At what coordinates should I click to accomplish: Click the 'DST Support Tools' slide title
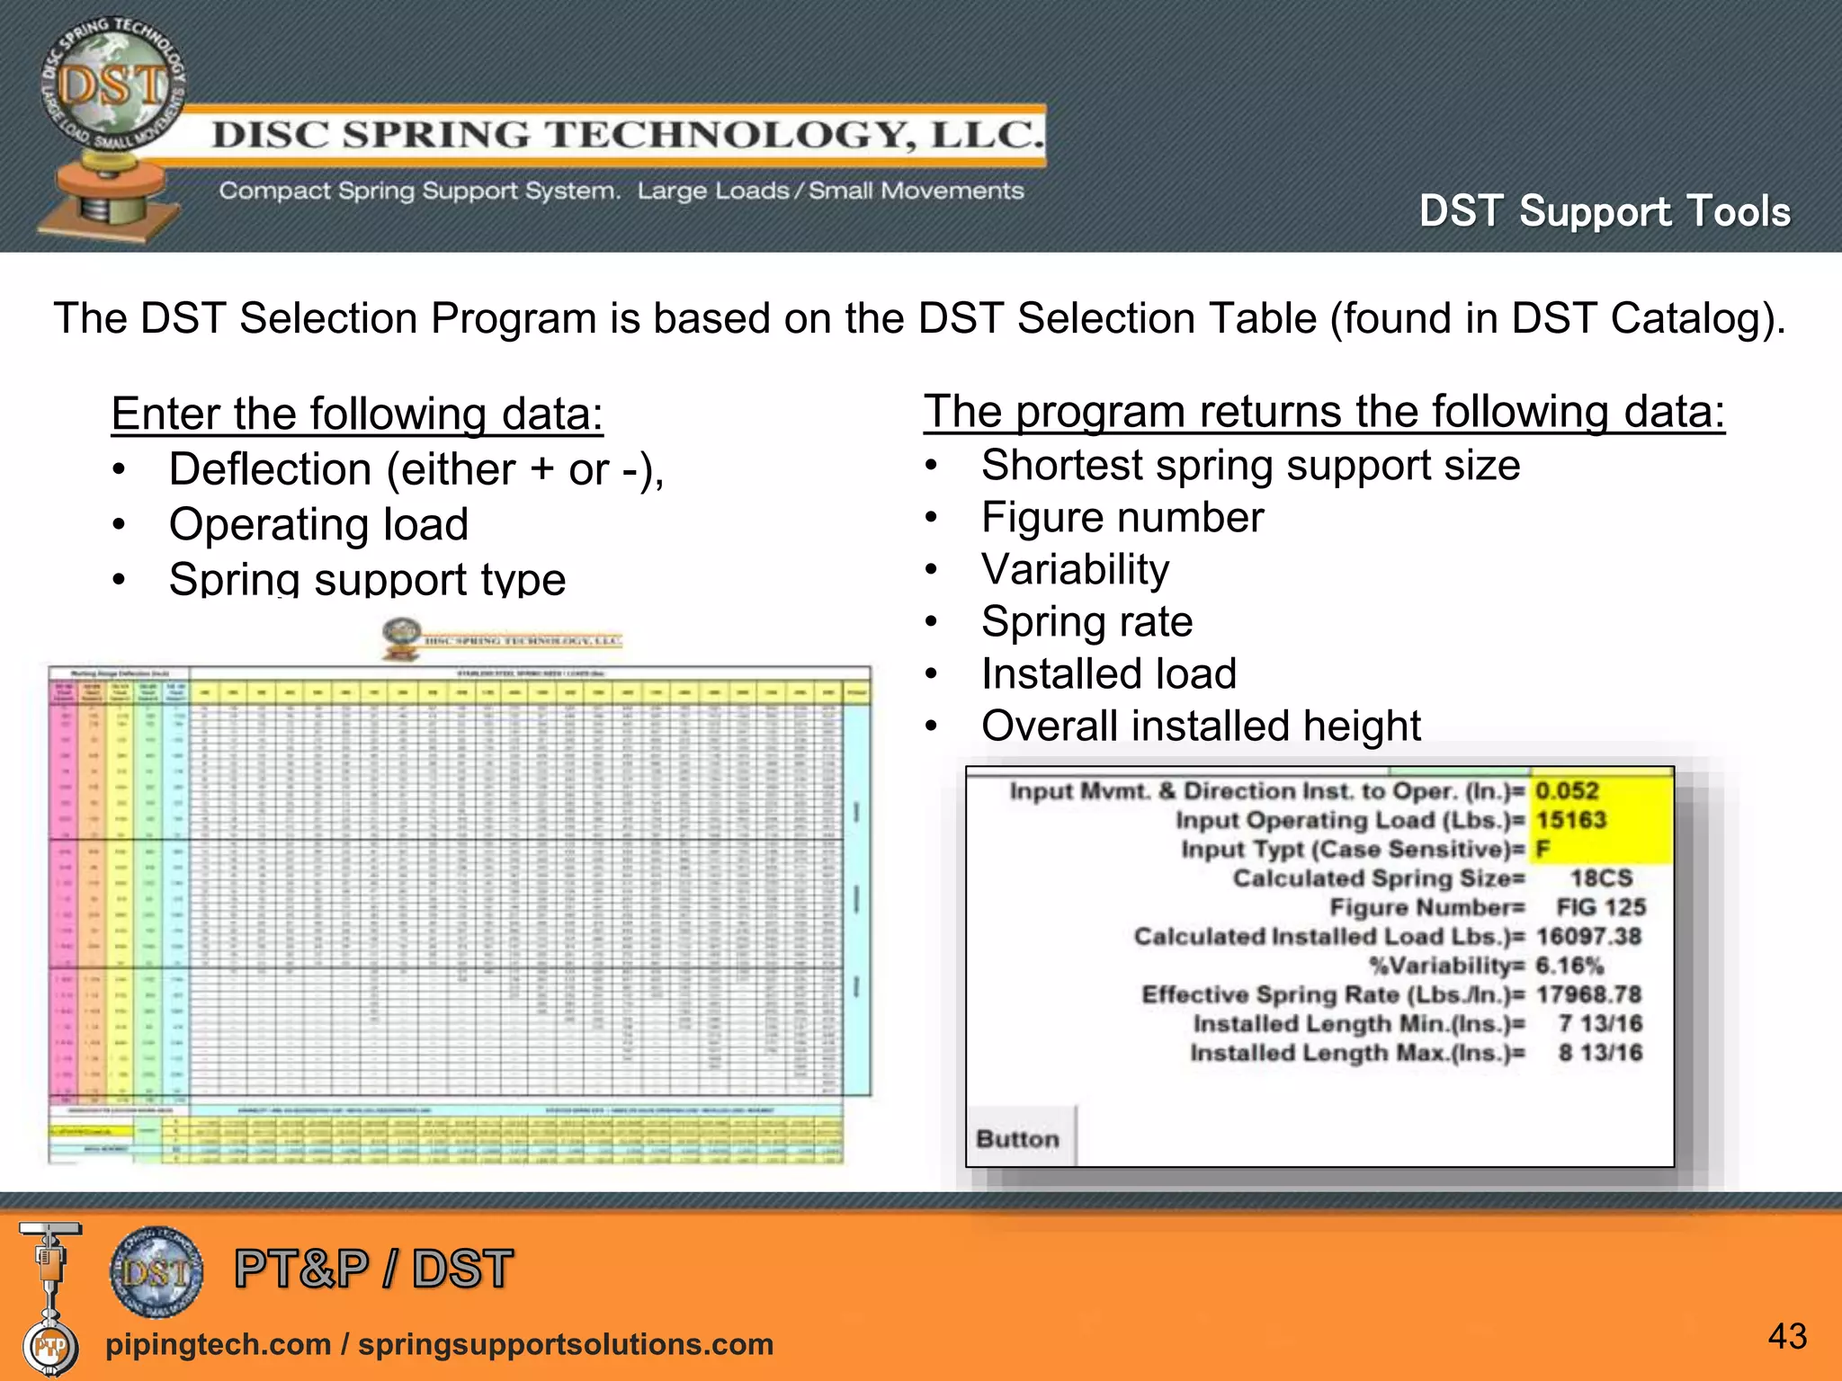1605,212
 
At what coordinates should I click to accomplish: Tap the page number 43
1787,1336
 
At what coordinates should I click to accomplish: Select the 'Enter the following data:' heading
357,414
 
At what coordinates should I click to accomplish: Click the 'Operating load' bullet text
318,524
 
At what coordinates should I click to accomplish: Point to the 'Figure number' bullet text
1122,518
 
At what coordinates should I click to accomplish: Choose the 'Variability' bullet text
1075,570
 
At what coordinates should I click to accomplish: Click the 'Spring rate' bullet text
1086,622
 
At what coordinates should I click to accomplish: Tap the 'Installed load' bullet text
1109,674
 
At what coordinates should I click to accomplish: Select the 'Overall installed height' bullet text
1201,726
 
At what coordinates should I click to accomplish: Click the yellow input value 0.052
1567,791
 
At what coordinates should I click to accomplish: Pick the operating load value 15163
1570,820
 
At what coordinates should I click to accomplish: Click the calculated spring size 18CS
1601,878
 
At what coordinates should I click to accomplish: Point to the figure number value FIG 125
1601,907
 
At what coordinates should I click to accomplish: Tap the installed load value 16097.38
1588,937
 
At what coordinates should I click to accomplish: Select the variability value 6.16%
1569,966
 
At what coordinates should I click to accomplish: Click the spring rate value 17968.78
1588,995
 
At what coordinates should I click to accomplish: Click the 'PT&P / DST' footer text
373,1269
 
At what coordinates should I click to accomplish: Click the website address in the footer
439,1344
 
